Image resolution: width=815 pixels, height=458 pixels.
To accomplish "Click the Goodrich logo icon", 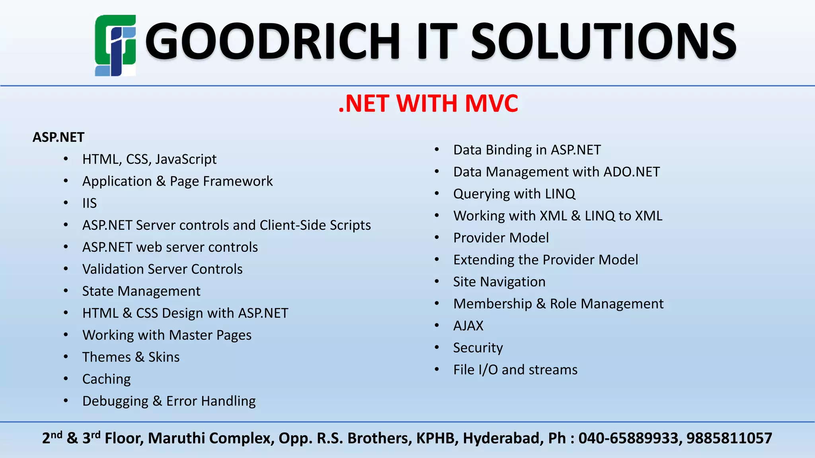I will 115,45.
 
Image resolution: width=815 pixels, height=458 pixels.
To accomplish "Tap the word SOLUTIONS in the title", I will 603,41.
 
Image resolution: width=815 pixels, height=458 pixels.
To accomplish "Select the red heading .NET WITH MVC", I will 428,103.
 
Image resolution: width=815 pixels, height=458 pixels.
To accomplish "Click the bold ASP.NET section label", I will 58,137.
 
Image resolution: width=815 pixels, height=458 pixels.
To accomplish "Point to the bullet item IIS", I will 90,203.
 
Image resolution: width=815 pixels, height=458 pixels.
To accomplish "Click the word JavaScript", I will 186,159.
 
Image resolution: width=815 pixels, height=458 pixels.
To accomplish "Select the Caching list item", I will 106,379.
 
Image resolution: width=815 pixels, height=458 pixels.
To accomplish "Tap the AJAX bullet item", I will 468,326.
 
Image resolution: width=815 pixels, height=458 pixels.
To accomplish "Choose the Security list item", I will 478,347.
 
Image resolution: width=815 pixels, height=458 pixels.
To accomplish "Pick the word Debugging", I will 115,401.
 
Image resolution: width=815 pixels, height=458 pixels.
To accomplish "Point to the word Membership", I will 493,304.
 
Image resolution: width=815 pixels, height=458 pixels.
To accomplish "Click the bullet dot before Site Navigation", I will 437,281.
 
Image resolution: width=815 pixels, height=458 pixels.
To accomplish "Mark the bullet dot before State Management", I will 66,291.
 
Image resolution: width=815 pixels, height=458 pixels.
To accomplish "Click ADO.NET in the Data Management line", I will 632,172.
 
